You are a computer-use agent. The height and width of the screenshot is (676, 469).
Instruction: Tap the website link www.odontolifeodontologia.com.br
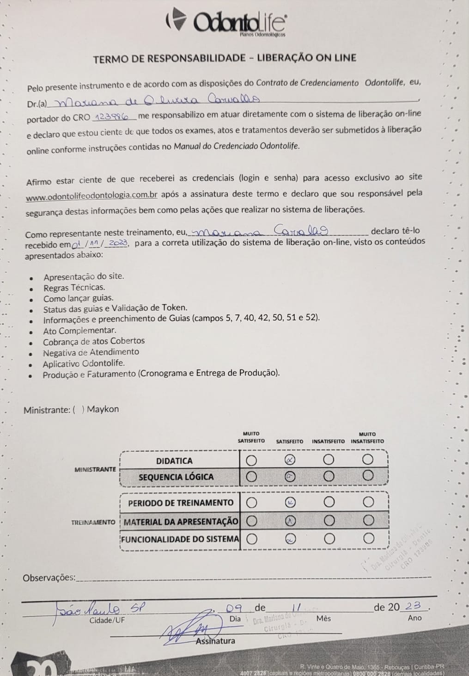[x=92, y=197]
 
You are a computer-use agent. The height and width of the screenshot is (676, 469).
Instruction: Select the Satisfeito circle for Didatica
[x=290, y=460]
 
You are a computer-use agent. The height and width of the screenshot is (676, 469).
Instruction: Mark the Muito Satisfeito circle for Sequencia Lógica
[x=251, y=476]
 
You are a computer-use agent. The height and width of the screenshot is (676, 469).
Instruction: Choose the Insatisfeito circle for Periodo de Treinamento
[x=329, y=502]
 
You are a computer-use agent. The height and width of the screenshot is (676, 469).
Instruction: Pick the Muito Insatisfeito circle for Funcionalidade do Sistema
[x=368, y=538]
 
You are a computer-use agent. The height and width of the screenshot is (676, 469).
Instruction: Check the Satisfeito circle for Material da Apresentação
[x=290, y=521]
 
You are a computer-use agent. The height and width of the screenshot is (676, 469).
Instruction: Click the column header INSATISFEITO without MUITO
[x=328, y=441]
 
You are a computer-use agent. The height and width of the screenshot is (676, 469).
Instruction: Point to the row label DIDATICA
[x=174, y=461]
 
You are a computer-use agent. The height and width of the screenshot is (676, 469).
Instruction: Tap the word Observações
[x=49, y=578]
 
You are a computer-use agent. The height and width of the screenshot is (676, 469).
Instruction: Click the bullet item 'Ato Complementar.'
[x=79, y=330]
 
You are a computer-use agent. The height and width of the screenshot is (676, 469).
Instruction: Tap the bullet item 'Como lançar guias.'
[x=78, y=298]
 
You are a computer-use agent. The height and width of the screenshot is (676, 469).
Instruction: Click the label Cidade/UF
[x=107, y=620]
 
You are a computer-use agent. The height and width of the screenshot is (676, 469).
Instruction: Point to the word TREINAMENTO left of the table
[x=93, y=522]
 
